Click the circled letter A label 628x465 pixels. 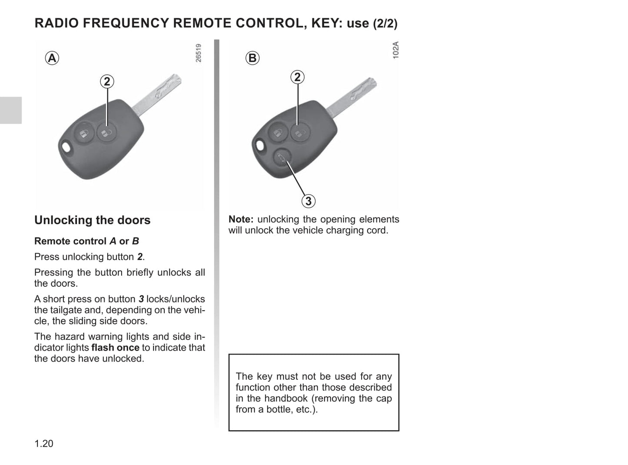[52, 58]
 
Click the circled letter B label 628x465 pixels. [252, 58]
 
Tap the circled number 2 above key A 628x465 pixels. [107, 81]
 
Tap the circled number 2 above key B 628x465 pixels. [297, 77]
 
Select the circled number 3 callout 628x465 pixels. [308, 201]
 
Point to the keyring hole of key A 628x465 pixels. [66, 147]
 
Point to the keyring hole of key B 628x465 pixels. [259, 145]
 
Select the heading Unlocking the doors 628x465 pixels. [92, 220]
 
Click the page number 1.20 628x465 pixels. [44, 443]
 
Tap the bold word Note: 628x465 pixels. [241, 219]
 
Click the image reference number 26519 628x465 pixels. [199, 53]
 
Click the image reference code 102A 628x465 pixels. [395, 50]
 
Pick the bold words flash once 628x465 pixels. [115, 348]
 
